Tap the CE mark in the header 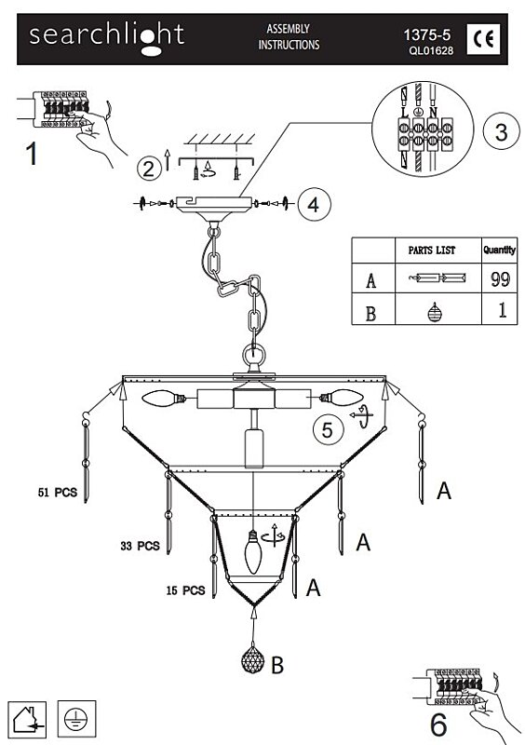coord(484,39)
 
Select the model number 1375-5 coord(427,34)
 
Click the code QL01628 coord(431,50)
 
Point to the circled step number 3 coord(501,132)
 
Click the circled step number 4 coord(314,205)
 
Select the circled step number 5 coord(328,429)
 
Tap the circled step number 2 coord(148,169)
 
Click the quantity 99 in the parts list coord(500,278)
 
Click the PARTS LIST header coord(432,250)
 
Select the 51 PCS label coord(58,493)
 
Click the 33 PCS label coord(141,546)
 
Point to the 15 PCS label coord(186,590)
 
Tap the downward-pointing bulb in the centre coord(253,551)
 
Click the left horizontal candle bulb coord(164,398)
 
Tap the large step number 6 coord(439,725)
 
